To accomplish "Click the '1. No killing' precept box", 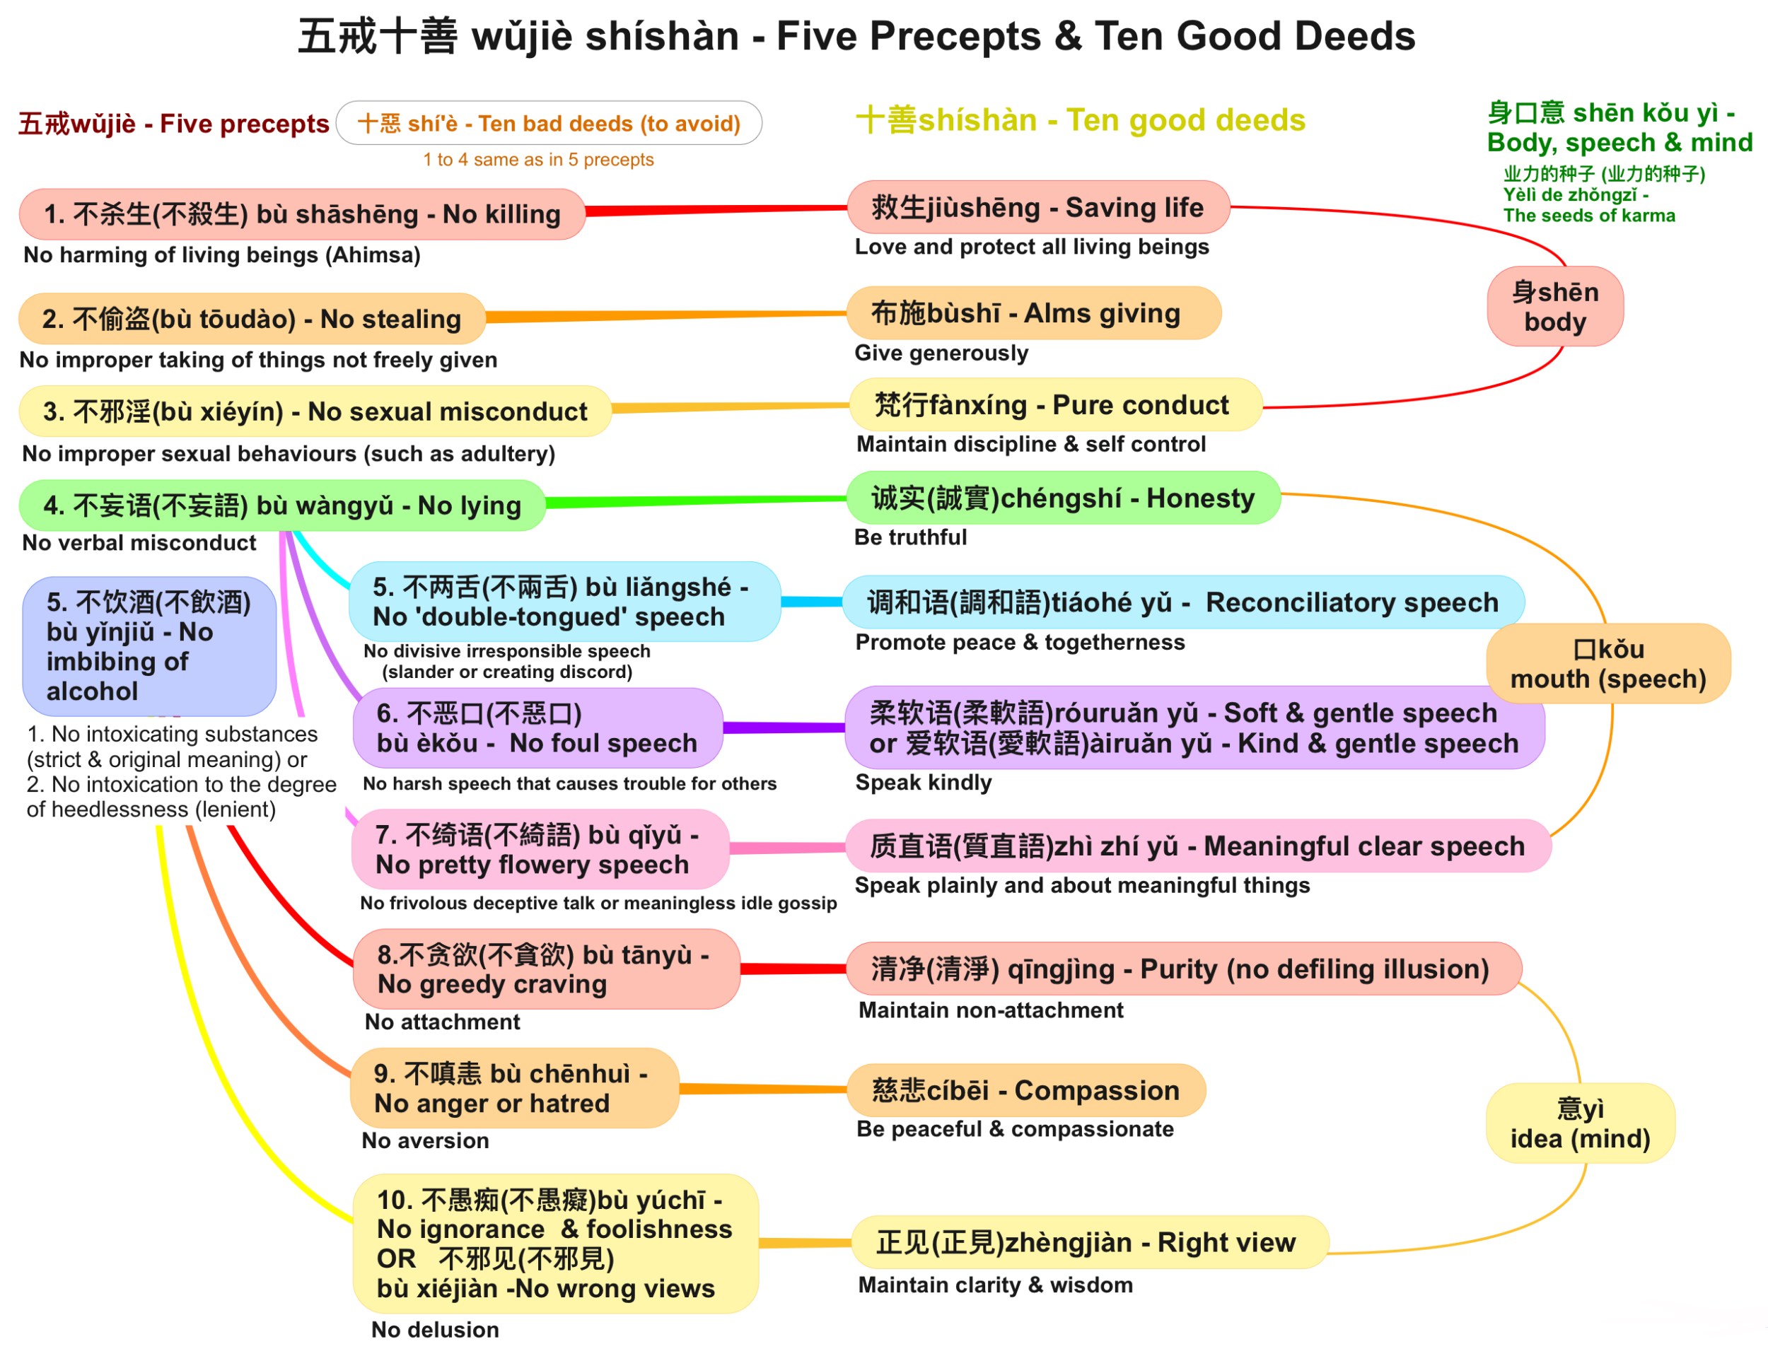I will (x=302, y=214).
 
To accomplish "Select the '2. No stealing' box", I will (x=251, y=319).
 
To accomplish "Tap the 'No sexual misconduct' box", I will (x=315, y=411).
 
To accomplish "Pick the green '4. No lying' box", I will (x=281, y=505).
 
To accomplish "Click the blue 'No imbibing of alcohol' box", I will (x=149, y=645).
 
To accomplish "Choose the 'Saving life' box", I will (x=1037, y=207).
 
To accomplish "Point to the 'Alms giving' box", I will (x=1033, y=313).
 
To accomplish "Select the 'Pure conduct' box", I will (x=1055, y=404).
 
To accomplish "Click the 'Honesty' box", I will (x=1062, y=498).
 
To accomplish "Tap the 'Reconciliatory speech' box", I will (x=1182, y=602).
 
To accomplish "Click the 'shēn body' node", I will (x=1555, y=307).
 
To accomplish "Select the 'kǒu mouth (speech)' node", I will (x=1608, y=663).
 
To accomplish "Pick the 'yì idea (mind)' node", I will (x=1580, y=1123).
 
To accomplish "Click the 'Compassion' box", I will (x=1025, y=1089).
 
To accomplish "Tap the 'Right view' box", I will (x=1089, y=1242).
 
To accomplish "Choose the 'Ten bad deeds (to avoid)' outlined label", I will (x=549, y=124).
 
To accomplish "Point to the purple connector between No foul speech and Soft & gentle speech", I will (x=783, y=728).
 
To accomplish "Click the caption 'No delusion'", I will (x=435, y=1329).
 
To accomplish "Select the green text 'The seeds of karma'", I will (x=1589, y=216).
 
